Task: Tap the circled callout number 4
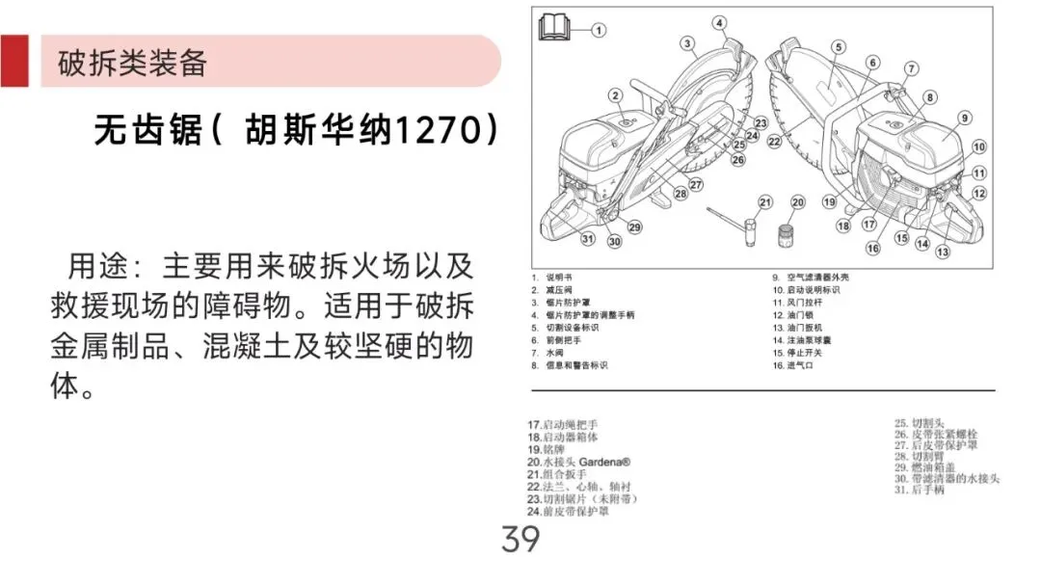tap(720, 22)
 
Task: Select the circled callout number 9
tap(963, 118)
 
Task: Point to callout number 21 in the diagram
tap(765, 201)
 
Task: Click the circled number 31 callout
tap(588, 239)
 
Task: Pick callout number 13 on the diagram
tap(943, 252)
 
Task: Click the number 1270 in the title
tap(440, 129)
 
